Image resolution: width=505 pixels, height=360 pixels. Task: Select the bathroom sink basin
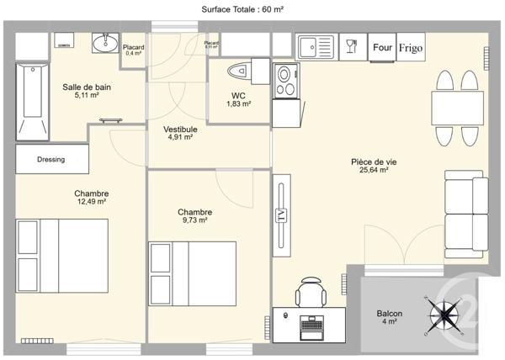[x=105, y=44]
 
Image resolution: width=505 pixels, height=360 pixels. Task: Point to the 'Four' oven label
[x=382, y=47]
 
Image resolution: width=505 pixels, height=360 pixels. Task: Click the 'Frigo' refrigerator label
[x=411, y=47]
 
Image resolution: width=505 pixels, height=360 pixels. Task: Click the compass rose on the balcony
[x=444, y=315]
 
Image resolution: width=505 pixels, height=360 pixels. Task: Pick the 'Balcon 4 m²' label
[x=390, y=317]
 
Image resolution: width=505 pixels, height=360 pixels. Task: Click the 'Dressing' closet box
[x=51, y=159]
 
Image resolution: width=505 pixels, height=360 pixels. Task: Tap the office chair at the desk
[x=309, y=294]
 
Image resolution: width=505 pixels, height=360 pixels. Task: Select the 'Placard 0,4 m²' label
[x=133, y=50]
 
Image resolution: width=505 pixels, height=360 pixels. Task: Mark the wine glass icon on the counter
[x=352, y=47]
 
